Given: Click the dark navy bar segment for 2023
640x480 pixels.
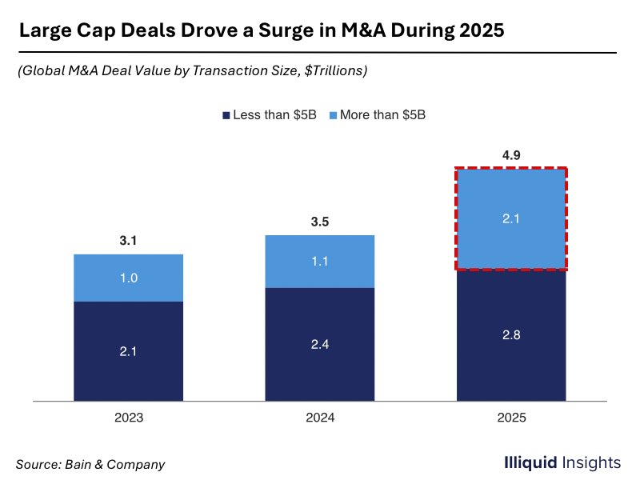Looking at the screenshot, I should pos(128,350).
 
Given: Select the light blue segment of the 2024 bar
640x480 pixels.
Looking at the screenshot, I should pos(319,261).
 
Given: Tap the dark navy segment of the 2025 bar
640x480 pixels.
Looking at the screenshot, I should pos(511,335).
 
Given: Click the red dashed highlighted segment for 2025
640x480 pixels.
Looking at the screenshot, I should pos(511,218).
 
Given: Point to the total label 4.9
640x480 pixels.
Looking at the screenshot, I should pos(511,154).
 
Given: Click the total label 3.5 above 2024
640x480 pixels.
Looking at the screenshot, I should pos(319,222).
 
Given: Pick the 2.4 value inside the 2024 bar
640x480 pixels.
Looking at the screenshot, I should pos(319,344).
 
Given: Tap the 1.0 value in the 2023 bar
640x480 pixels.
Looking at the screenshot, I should pos(128,278).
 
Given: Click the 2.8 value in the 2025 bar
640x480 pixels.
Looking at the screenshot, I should pos(511,335).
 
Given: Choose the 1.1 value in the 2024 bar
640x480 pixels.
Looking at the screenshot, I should pos(319,261).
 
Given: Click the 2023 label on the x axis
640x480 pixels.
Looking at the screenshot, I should pos(128,418).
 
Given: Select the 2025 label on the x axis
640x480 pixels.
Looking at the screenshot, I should pos(511,418).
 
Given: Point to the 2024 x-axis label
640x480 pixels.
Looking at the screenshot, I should pos(319,418).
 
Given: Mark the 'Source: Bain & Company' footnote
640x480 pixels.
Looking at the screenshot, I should pos(90,463).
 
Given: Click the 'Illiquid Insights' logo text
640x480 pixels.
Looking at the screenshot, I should pos(562,462).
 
